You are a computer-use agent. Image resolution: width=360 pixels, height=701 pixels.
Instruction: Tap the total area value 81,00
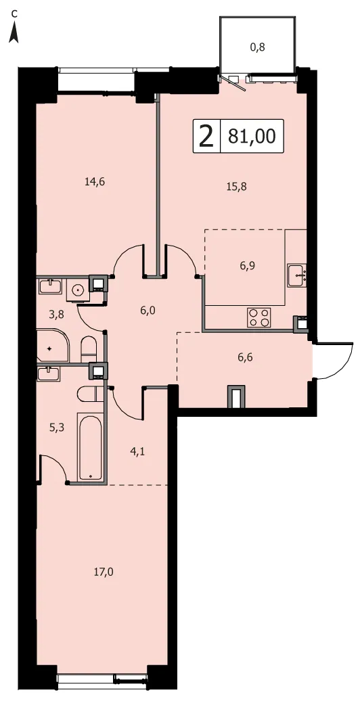[x=252, y=136]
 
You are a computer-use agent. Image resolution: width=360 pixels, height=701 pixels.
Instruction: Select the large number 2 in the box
[x=206, y=136]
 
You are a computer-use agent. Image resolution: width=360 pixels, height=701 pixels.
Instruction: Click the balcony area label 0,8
[x=258, y=47]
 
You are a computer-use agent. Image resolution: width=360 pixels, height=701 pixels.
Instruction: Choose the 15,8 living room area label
[x=237, y=187]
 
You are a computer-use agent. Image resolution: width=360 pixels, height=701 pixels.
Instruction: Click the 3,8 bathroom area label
[x=57, y=314]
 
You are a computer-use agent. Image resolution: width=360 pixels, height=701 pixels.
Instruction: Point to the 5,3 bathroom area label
[x=57, y=428]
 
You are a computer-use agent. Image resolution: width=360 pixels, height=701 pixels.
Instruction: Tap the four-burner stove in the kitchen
[x=259, y=317]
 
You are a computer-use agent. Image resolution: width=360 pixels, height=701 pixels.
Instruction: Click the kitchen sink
[x=297, y=275]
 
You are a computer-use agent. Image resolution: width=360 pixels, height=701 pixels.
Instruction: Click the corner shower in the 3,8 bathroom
[x=53, y=346]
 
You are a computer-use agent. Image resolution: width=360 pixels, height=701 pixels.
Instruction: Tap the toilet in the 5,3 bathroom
[x=91, y=394]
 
